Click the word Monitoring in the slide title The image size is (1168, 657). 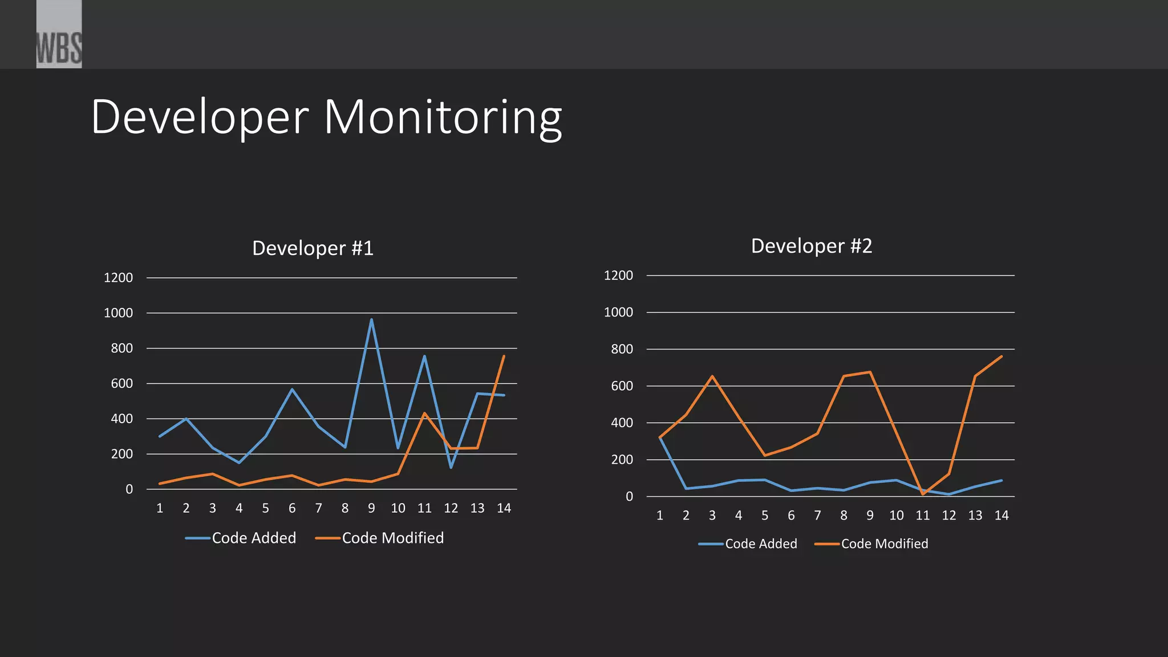pyautogui.click(x=443, y=117)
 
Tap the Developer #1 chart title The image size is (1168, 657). pyautogui.click(x=313, y=248)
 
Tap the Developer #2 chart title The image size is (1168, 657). pyautogui.click(x=811, y=246)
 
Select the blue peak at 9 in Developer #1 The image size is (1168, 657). pyautogui.click(x=371, y=320)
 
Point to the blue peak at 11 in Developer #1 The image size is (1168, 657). pyautogui.click(x=424, y=356)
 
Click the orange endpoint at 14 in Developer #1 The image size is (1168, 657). pyautogui.click(x=504, y=356)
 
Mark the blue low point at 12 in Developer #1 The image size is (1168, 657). pyautogui.click(x=451, y=468)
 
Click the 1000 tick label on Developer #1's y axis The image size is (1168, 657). pyautogui.click(x=118, y=313)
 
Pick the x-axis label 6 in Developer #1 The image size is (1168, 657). pyautogui.click(x=292, y=508)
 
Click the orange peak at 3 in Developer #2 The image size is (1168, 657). pyautogui.click(x=712, y=376)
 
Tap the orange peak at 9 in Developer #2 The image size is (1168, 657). pyautogui.click(x=870, y=372)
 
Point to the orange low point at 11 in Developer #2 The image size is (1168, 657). pyautogui.click(x=922, y=494)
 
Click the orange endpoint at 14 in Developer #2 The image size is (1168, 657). pyautogui.click(x=1001, y=357)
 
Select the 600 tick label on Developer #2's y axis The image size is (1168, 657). pyautogui.click(x=622, y=386)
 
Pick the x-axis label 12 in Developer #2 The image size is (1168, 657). pyautogui.click(x=949, y=516)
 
